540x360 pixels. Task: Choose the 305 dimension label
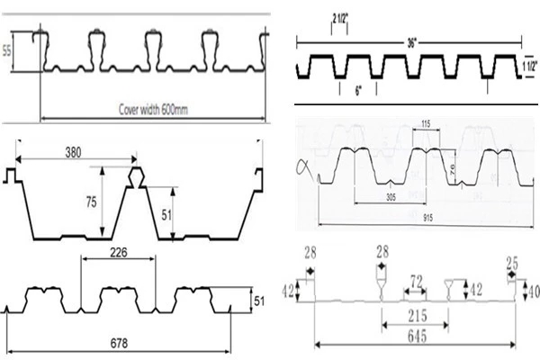[390, 196]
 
